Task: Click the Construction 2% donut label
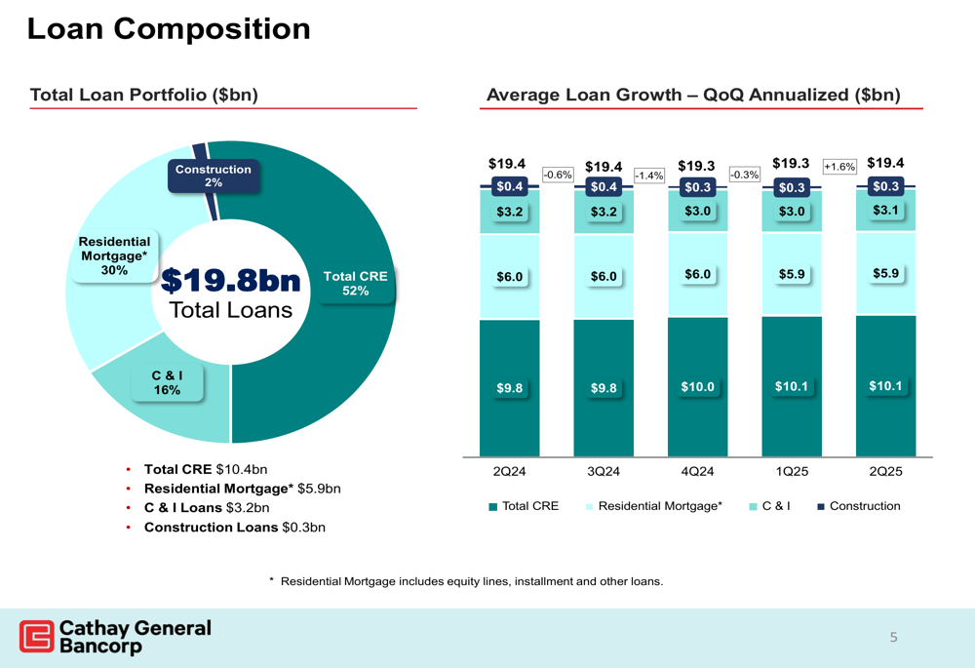tap(213, 177)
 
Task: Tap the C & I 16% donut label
tap(167, 382)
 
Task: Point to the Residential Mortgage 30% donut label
tap(114, 255)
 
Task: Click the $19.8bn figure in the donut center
tap(230, 281)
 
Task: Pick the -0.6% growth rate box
tap(557, 174)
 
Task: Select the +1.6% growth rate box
tap(839, 167)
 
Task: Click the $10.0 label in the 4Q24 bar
tap(698, 387)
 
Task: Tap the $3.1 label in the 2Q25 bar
tap(885, 210)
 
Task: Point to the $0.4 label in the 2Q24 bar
tap(509, 186)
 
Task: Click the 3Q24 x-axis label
tap(604, 472)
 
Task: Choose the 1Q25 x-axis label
tap(792, 472)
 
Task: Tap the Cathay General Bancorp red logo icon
tap(37, 636)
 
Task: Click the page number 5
tap(892, 639)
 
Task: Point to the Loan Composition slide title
tap(169, 29)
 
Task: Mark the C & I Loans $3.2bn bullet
tap(207, 508)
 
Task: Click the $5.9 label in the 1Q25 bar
tap(792, 275)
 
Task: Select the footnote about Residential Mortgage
tap(466, 582)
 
